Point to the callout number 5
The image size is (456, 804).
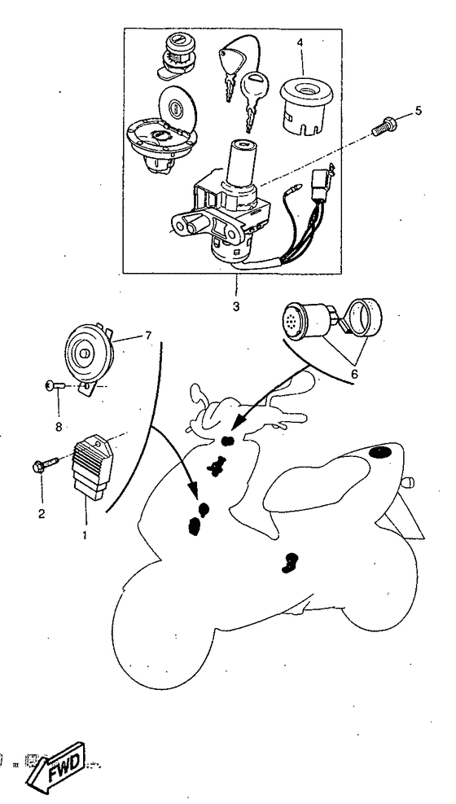click(419, 109)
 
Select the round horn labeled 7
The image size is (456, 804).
click(85, 352)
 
